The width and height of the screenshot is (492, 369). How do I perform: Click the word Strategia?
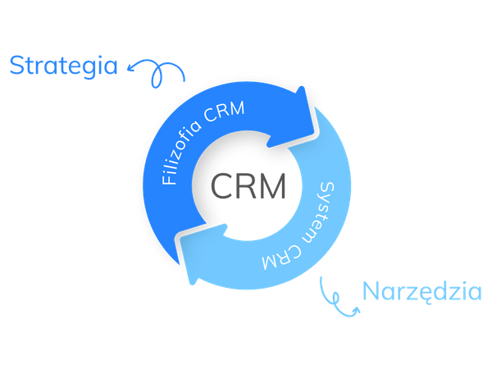click(64, 66)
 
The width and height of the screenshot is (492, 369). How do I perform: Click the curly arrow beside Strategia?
click(156, 72)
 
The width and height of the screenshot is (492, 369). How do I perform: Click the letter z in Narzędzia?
click(406, 292)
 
